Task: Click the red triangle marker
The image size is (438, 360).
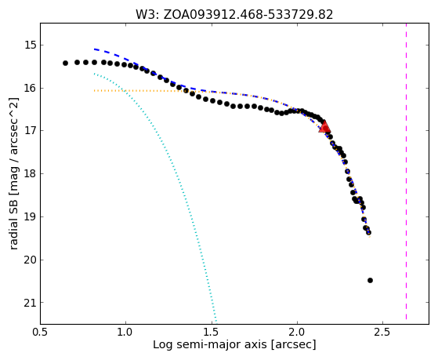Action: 324,126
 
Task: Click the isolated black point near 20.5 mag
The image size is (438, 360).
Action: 370,280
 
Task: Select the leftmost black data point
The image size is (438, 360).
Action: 65,64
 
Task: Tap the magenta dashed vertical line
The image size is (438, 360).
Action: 406,171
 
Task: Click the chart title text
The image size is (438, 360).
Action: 234,15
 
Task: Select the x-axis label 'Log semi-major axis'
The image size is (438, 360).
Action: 210,344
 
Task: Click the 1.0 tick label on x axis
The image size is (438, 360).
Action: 125,332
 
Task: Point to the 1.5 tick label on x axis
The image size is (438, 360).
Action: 212,332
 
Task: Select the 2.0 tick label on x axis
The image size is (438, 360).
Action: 297,332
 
